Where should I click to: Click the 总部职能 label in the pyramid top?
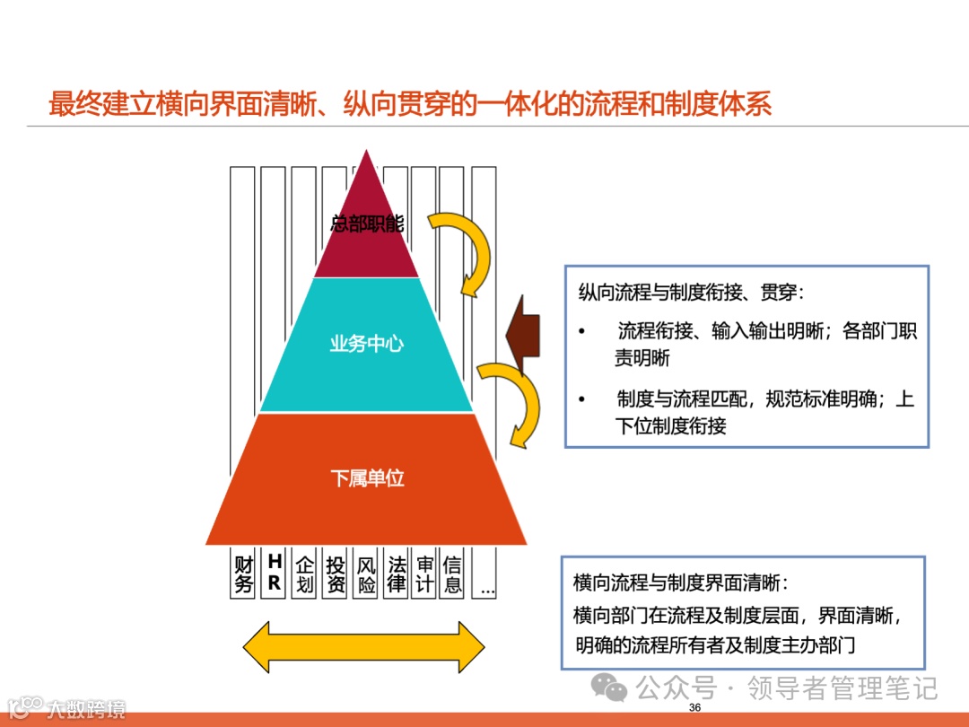pyautogui.click(x=366, y=223)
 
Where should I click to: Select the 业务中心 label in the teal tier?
pyautogui.click(x=366, y=344)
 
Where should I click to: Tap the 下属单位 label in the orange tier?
pyautogui.click(x=366, y=477)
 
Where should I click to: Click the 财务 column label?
pyautogui.click(x=244, y=574)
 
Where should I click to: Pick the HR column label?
pyautogui.click(x=275, y=574)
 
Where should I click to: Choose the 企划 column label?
pyautogui.click(x=305, y=574)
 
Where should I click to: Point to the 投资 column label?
pyautogui.click(x=336, y=574)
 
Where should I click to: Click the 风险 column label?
pyautogui.click(x=366, y=574)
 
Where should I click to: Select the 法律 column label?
pyautogui.click(x=396, y=574)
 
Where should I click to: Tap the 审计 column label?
pyautogui.click(x=425, y=574)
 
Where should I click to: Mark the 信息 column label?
pyautogui.click(x=453, y=574)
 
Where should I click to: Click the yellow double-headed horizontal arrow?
pyautogui.click(x=364, y=646)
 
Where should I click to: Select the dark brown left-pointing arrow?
pyautogui.click(x=522, y=337)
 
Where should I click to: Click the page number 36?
pyautogui.click(x=694, y=708)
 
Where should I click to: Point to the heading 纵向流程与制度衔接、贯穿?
pyautogui.click(x=691, y=293)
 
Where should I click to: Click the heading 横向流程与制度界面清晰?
pyautogui.click(x=681, y=582)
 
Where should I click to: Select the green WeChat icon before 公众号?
pyautogui.click(x=615, y=689)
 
